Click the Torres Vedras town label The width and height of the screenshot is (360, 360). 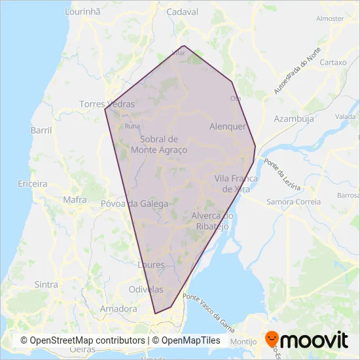(107, 104)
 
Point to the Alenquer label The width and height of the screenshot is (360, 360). (227, 126)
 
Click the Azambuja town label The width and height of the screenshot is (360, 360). (294, 119)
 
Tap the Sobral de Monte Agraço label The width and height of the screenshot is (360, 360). (159, 145)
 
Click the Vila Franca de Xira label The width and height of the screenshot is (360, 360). (236, 183)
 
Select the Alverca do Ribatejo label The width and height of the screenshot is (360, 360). (213, 221)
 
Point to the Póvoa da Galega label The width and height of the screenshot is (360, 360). (134, 204)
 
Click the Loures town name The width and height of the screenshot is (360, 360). (152, 265)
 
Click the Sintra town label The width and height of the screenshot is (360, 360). (46, 285)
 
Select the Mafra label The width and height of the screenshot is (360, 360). (75, 200)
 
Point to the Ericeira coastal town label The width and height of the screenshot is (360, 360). (33, 184)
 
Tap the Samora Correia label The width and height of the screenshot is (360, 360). (294, 202)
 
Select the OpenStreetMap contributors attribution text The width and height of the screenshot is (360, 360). (82, 341)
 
